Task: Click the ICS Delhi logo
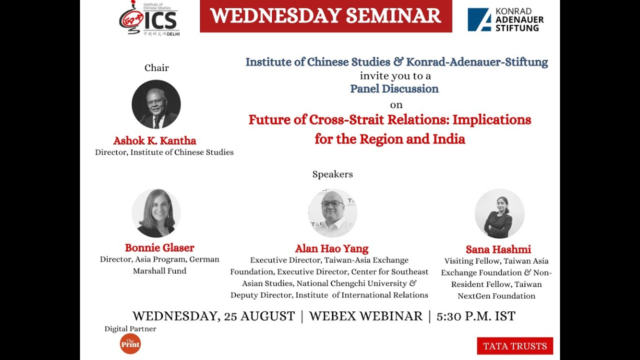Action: [149, 19]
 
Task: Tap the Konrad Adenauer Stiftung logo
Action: [505, 19]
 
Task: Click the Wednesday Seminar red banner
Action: [326, 16]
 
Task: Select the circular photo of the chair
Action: [156, 104]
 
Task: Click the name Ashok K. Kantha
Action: [155, 140]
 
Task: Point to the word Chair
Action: [156, 68]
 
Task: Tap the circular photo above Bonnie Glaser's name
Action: [156, 213]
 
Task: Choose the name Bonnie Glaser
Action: [159, 247]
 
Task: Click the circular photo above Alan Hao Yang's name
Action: [332, 213]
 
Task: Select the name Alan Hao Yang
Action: [331, 248]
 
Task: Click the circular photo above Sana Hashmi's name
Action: [499, 213]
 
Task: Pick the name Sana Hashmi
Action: [498, 249]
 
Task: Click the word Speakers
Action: [332, 174]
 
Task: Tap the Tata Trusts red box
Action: [514, 345]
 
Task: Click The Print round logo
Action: [130, 343]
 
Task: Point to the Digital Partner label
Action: [130, 329]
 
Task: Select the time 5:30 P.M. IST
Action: [476, 316]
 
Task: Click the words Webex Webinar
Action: [365, 316]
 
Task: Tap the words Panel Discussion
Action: [394, 89]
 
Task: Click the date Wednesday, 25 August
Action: [213, 316]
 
